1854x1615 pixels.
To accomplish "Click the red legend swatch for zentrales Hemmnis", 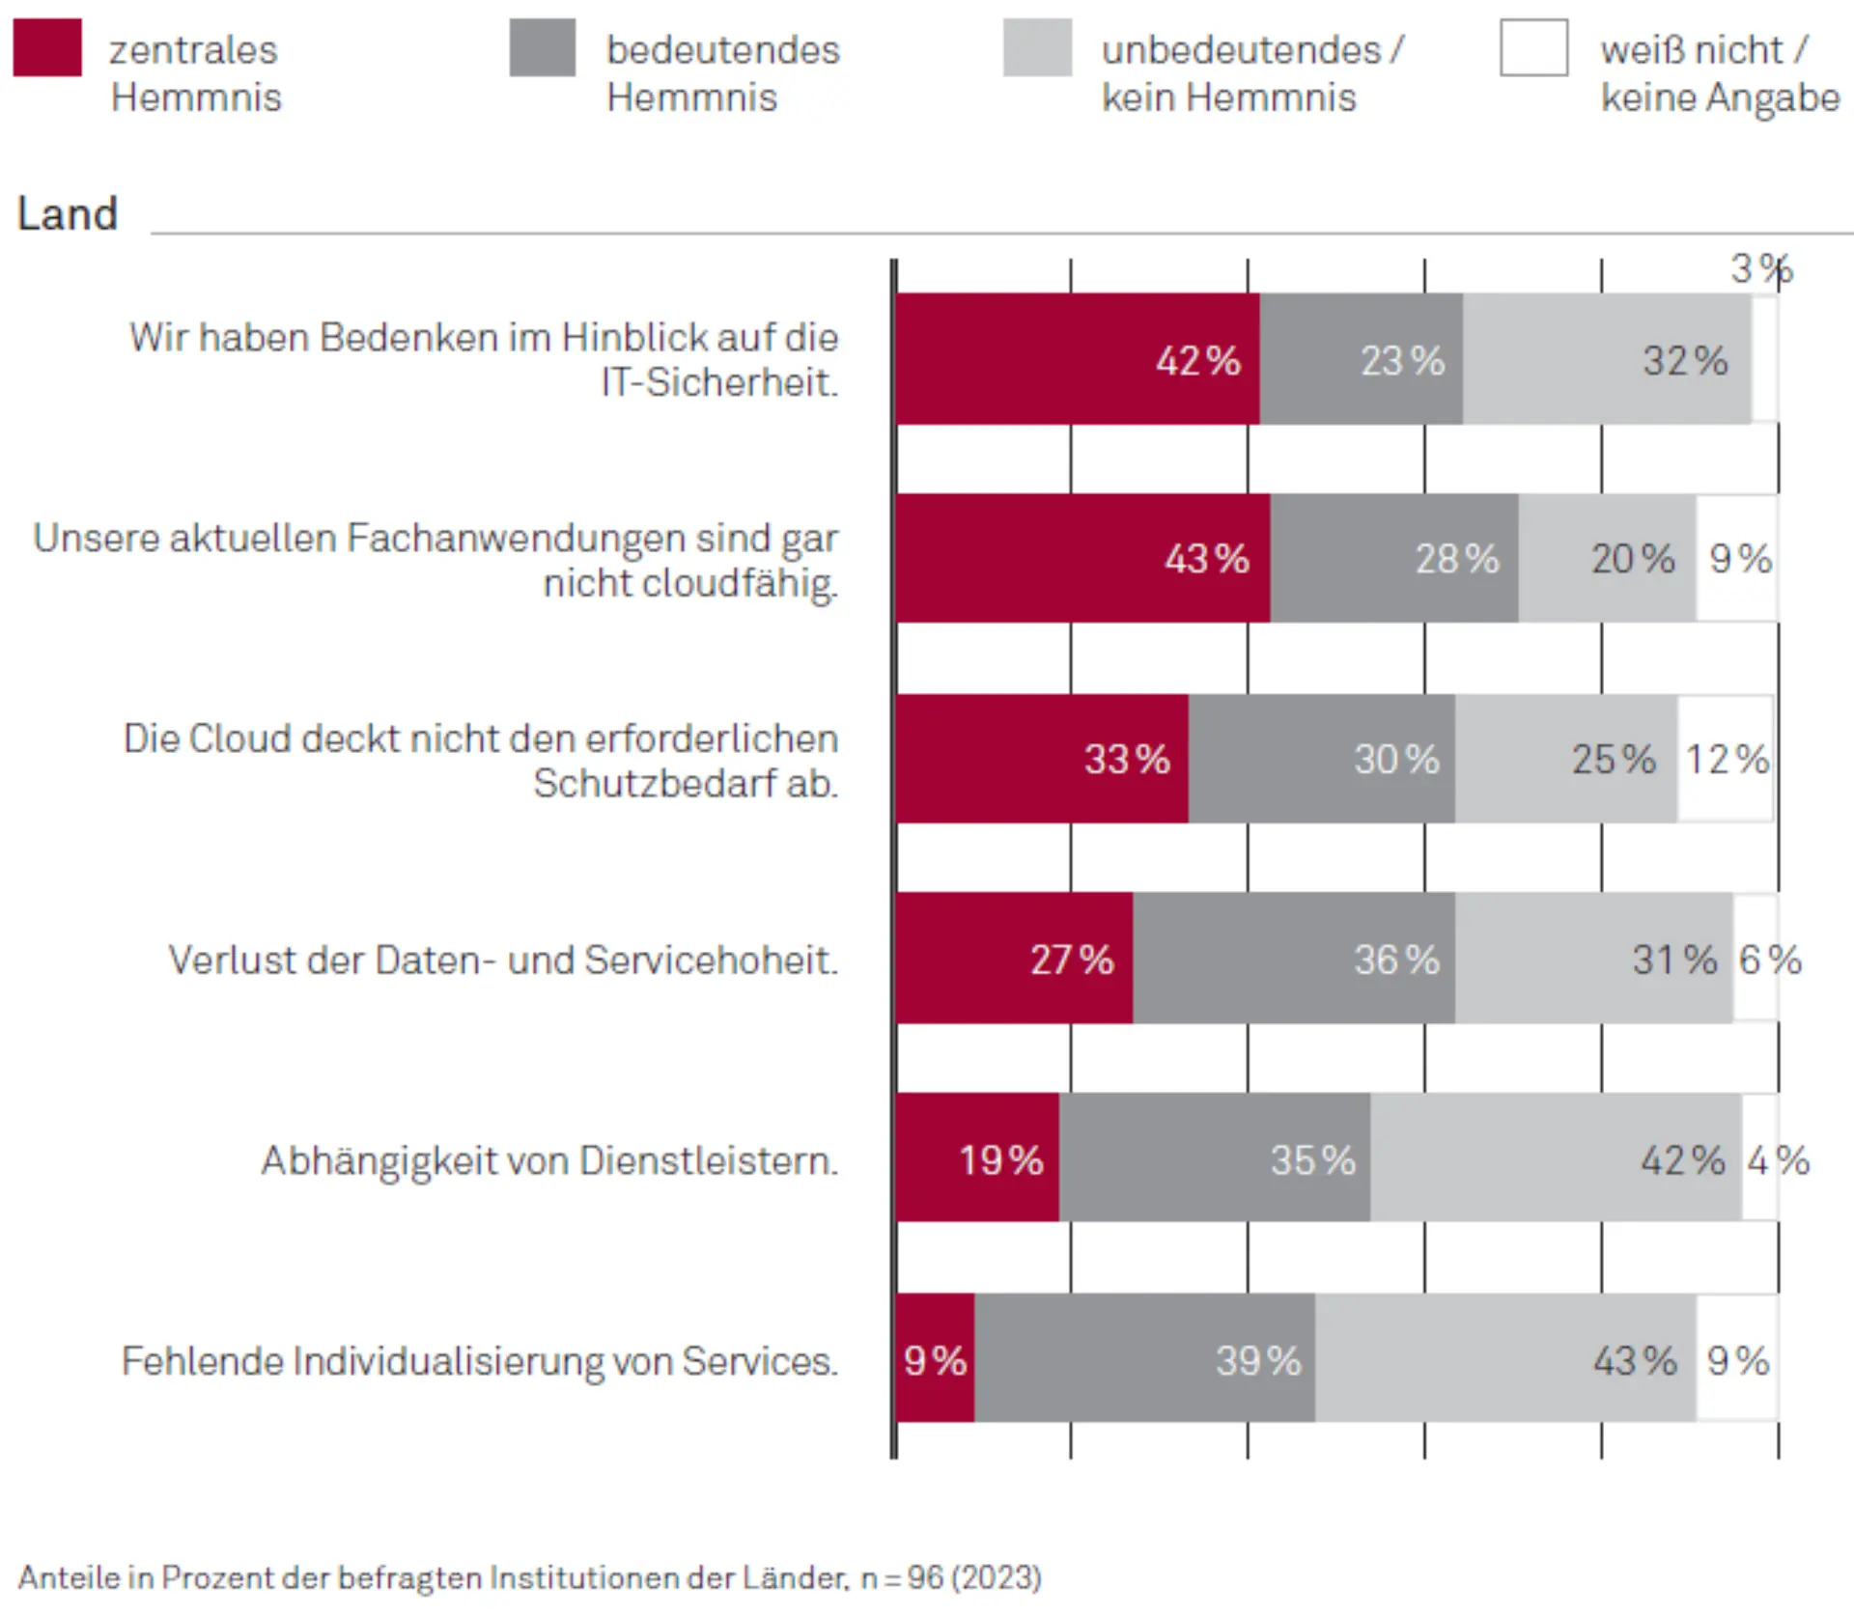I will pos(47,47).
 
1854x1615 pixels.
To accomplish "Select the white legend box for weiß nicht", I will pos(1533,47).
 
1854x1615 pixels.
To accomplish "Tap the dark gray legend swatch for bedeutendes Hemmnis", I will pos(543,47).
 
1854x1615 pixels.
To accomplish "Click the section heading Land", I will pos(68,214).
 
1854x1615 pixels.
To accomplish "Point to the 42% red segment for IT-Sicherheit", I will pos(1077,359).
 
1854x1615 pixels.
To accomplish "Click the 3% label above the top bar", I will pos(1760,269).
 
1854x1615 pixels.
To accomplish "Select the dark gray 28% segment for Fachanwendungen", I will pos(1393,558).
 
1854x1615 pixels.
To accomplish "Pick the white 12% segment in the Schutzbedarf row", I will pos(1725,759).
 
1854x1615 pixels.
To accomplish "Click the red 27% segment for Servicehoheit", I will pos(1014,959).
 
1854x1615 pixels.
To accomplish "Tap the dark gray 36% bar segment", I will pos(1294,959).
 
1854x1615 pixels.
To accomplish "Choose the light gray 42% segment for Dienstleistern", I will pos(1555,1158).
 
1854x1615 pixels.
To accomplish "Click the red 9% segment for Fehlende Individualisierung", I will pos(935,1359).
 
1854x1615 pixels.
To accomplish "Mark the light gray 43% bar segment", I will pos(1504,1359).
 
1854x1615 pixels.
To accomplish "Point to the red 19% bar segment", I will pos(977,1158).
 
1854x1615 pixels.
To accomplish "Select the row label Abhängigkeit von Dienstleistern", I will pos(549,1160).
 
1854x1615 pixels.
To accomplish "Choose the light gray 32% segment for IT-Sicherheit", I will pos(1607,359).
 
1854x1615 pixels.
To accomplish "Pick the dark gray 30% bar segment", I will pos(1321,759).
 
